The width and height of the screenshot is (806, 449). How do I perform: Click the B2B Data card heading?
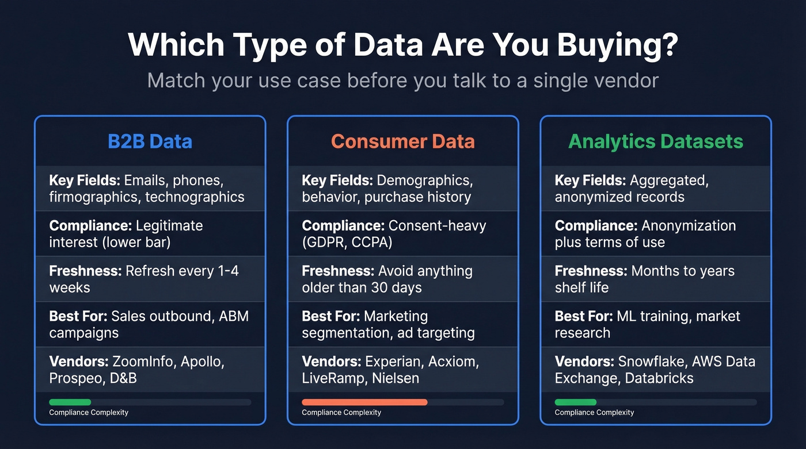coord(150,141)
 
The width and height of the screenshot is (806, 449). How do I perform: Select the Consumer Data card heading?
coord(402,141)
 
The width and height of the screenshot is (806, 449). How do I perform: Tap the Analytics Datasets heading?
coord(656,141)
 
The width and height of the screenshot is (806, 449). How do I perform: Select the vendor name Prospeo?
coord(75,378)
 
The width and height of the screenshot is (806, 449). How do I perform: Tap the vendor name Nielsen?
coord(395,378)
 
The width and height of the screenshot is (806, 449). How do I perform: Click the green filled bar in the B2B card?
coord(70,402)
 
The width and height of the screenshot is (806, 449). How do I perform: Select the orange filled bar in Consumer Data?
coord(364,402)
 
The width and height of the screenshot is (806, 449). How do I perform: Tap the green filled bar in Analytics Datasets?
coord(576,402)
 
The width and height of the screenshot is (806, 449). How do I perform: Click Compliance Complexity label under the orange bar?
coord(341,412)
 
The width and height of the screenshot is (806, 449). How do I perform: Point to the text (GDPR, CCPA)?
coord(347,242)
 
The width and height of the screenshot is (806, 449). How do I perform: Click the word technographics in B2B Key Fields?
coord(195,197)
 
